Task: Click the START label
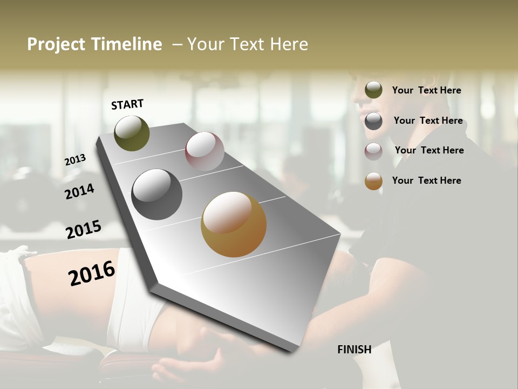127,104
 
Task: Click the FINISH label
354,350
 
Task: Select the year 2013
76,160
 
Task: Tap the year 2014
79,191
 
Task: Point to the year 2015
84,230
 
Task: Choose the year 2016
92,273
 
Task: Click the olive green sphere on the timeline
132,133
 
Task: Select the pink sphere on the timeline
205,151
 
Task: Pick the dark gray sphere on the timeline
156,194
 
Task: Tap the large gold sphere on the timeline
234,224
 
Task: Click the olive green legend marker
373,90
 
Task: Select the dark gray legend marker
373,121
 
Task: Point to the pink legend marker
373,151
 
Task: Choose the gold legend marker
373,181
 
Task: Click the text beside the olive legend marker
426,90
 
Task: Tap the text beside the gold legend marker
426,180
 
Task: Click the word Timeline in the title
127,44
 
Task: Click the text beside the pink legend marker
429,150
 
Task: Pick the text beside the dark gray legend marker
428,120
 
